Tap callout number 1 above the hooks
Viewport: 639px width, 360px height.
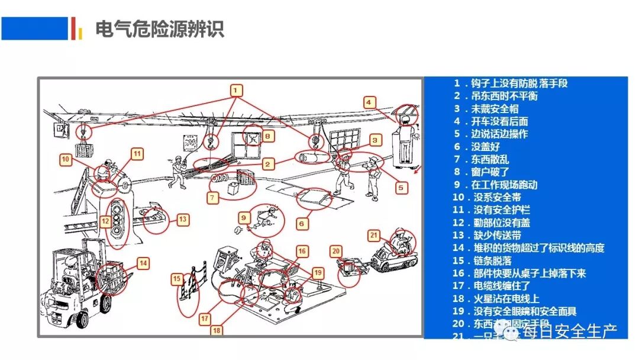(x=236, y=91)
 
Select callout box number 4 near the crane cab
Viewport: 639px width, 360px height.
(x=369, y=102)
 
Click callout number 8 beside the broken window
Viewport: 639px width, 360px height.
(x=268, y=136)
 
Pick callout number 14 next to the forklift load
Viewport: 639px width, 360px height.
(x=143, y=262)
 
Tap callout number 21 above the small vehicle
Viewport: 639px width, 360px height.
(x=373, y=235)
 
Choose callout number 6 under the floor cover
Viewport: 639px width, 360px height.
(x=301, y=224)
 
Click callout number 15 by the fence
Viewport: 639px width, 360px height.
(x=177, y=278)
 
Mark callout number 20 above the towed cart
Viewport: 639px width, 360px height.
(x=335, y=251)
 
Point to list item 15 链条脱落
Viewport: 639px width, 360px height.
(x=482, y=261)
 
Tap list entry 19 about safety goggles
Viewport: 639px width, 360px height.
(x=514, y=311)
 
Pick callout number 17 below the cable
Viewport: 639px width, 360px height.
(x=205, y=319)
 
